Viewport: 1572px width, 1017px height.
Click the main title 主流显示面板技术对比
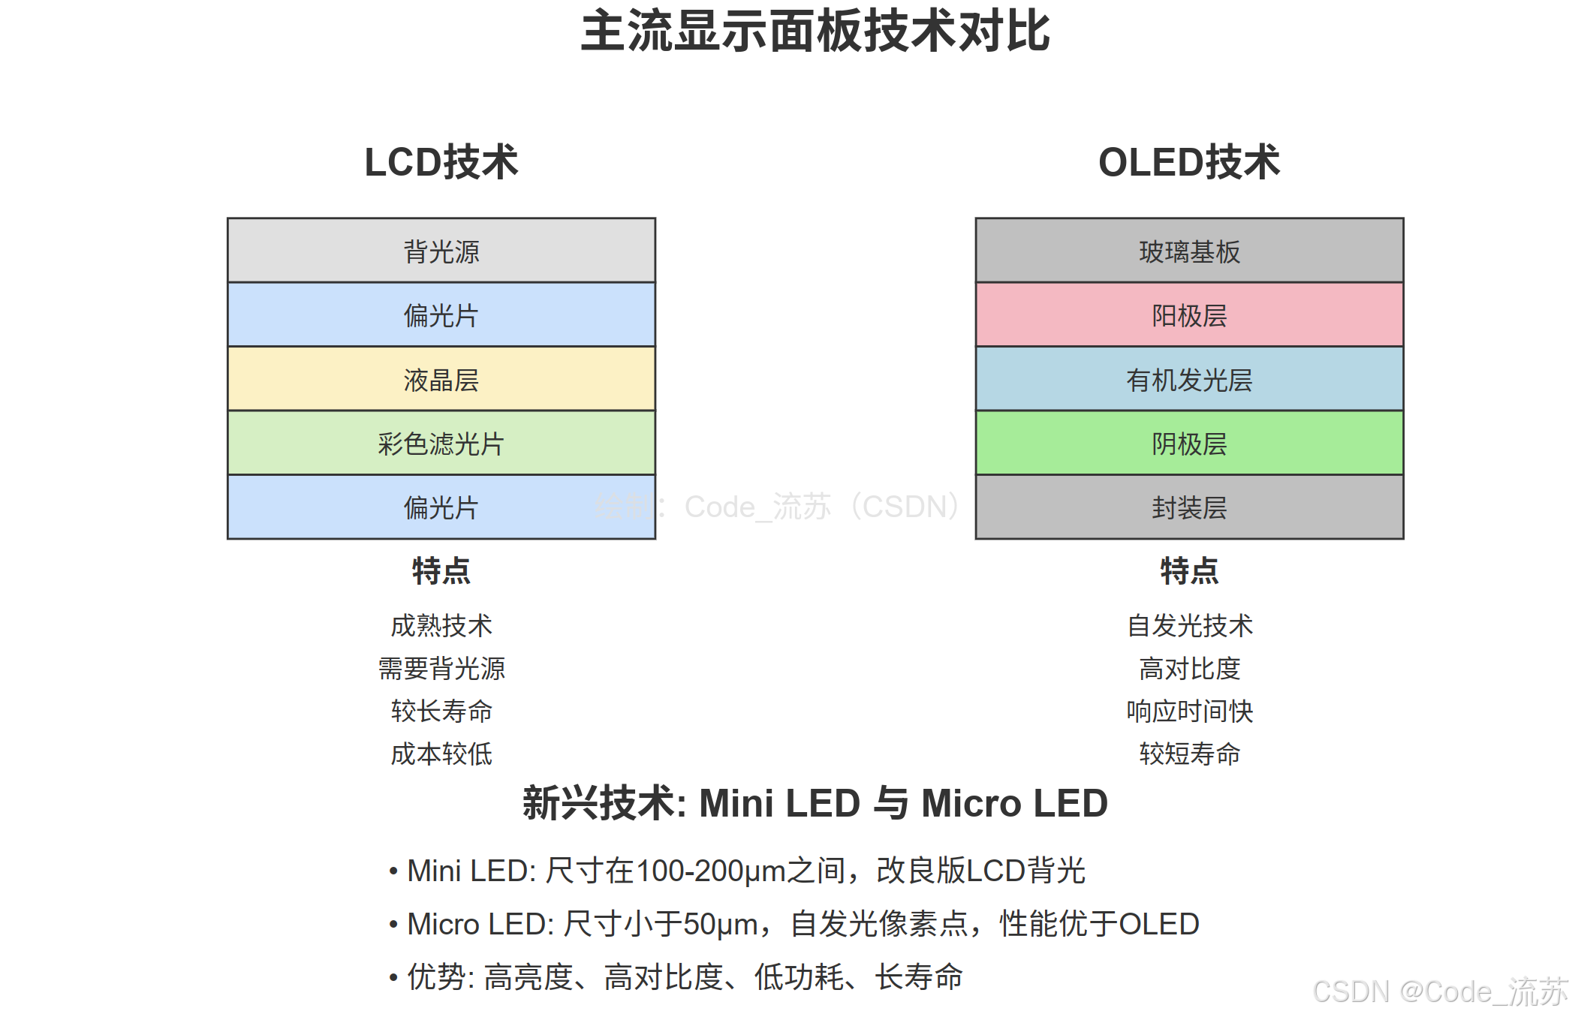pos(815,32)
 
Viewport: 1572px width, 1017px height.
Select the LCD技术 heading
pos(441,162)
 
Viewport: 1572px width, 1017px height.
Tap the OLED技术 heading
pos(1189,162)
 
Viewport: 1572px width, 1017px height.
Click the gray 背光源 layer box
pos(441,251)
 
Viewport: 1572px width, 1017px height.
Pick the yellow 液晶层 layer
pos(441,379)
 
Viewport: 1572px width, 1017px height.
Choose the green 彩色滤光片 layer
pos(441,443)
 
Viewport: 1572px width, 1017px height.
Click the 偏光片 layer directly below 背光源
pos(441,315)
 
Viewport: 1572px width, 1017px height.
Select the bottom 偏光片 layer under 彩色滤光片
pos(441,507)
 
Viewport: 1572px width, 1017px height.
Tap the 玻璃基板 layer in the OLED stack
pos(1189,251)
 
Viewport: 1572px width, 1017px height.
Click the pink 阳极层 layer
pos(1189,315)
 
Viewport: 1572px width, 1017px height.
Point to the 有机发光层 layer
pos(1189,379)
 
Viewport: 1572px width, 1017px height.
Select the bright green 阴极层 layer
pos(1189,443)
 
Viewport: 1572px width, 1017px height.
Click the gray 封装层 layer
pos(1189,507)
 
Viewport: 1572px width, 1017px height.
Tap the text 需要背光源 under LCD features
pos(441,668)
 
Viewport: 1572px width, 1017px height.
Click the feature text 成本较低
pos(441,754)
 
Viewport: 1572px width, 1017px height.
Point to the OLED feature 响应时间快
pos(1189,711)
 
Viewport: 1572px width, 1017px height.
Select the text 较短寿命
pos(1189,754)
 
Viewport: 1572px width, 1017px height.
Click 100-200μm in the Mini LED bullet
pos(710,871)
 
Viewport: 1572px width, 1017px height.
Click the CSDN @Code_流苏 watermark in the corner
pos(1440,992)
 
